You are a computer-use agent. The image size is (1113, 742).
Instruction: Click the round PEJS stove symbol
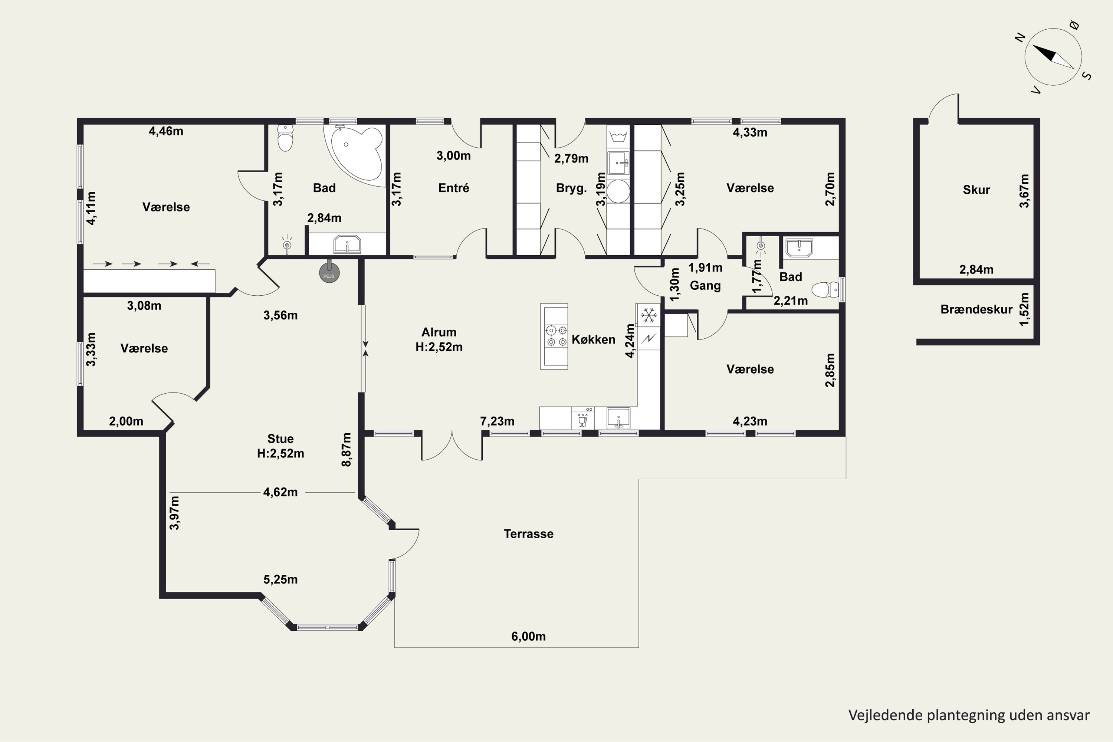[329, 273]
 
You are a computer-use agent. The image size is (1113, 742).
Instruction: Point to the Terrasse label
[529, 534]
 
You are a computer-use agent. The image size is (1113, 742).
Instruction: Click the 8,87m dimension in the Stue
[347, 450]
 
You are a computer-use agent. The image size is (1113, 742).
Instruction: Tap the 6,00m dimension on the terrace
[529, 637]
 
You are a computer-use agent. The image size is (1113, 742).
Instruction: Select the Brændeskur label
[976, 309]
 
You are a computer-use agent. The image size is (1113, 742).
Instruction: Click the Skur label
[976, 190]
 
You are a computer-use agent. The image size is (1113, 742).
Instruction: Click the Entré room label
[454, 188]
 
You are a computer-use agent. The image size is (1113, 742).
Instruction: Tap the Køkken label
[593, 339]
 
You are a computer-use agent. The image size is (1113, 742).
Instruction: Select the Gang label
[705, 285]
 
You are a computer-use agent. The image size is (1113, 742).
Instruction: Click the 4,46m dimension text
[166, 131]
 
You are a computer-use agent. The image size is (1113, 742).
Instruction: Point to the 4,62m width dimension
[280, 492]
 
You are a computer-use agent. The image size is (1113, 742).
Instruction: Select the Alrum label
[439, 332]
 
